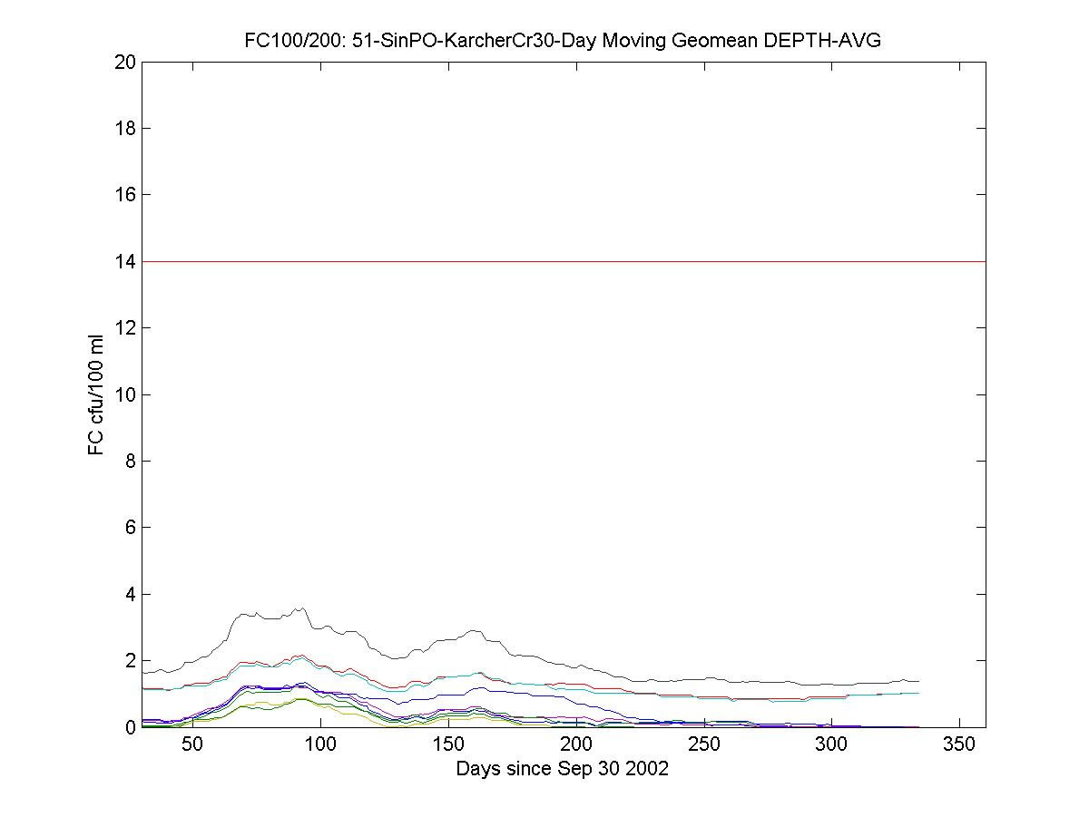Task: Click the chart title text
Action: tap(563, 41)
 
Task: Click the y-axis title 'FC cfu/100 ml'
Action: tap(96, 394)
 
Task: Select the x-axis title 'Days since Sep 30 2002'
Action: tap(563, 769)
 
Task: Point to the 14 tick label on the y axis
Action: tap(125, 261)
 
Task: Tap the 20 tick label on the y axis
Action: tap(125, 62)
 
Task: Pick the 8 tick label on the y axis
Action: tap(130, 461)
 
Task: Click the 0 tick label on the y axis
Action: tap(130, 727)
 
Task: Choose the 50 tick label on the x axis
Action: tap(192, 745)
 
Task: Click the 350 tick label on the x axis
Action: tap(960, 745)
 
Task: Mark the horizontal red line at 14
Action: tap(563, 261)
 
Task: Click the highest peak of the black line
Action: tap(301, 608)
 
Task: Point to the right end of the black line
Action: tap(919, 681)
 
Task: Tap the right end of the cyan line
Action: tap(919, 693)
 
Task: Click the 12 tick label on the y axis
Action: tap(125, 327)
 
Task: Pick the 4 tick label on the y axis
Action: tap(130, 594)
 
